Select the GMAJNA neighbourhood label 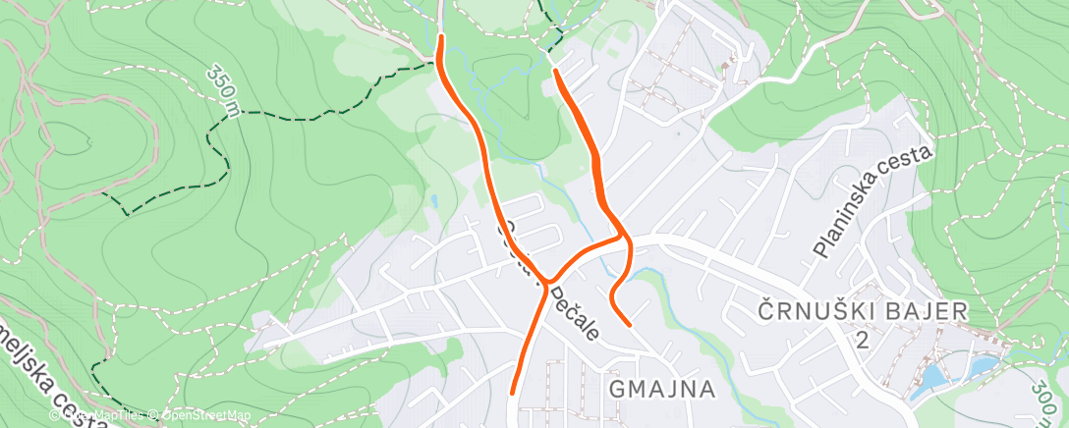click(661, 389)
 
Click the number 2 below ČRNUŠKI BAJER click(862, 340)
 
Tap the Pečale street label click(574, 314)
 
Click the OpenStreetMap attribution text click(200, 416)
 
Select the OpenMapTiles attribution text click(108, 416)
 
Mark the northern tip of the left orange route click(440, 37)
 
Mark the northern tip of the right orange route click(556, 71)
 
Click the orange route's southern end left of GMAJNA click(513, 393)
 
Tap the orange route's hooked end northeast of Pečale click(628, 322)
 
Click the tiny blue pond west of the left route click(433, 201)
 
